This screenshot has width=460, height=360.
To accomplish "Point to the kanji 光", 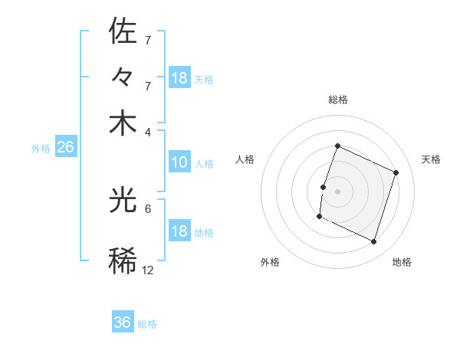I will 123,201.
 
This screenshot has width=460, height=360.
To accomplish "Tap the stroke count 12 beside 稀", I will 148,270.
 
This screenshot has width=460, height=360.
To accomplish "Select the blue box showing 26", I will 65,148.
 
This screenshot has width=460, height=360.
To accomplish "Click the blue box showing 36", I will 123,322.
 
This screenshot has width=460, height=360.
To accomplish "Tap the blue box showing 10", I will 179,162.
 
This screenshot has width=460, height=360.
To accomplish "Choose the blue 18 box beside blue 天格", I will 179,78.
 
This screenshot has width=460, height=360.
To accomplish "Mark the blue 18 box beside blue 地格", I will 179,232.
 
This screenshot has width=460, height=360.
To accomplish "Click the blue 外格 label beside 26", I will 41,149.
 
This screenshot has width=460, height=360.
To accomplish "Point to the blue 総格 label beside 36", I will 147,324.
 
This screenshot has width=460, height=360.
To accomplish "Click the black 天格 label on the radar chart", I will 431,159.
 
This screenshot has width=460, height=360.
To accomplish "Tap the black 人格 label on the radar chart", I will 245,159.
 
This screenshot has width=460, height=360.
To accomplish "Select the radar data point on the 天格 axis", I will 396,173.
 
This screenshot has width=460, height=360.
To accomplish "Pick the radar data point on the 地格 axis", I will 374,242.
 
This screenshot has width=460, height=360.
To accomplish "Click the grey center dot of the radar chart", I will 337,190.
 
